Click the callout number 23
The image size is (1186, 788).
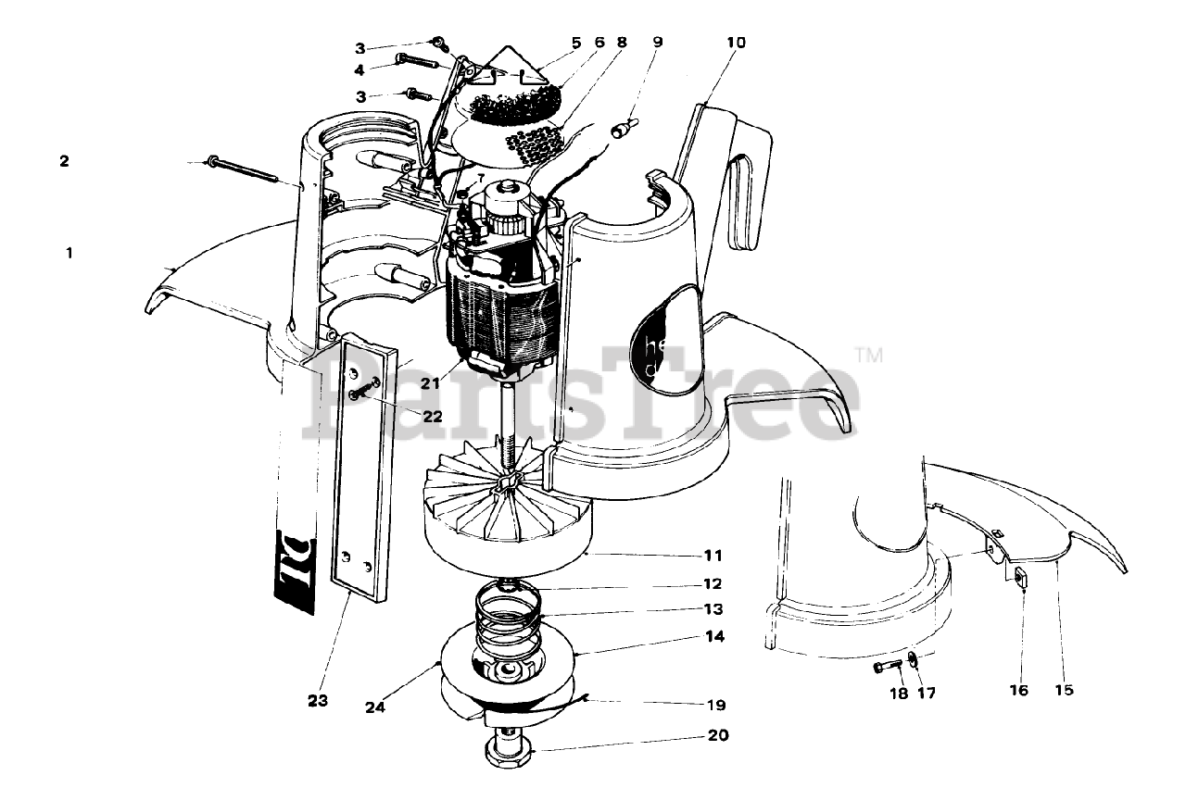coord(318,701)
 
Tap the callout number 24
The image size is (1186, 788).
coord(375,708)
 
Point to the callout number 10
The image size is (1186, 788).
coord(736,42)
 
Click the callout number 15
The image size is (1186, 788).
coord(1065,690)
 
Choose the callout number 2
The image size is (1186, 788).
coord(64,160)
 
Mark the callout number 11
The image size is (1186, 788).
coord(713,556)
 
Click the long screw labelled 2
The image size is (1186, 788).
coord(241,168)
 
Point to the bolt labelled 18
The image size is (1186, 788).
coord(891,666)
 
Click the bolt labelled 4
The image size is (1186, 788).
coord(418,60)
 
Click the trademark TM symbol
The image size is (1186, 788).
coord(867,354)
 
